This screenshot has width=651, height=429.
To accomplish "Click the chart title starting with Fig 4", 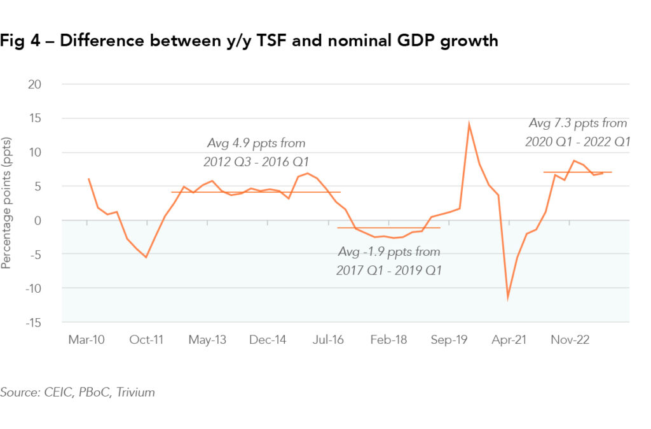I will tap(249, 42).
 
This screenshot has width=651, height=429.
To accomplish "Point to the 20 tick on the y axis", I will tap(38, 84).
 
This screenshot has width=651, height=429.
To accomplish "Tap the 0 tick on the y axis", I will tap(42, 220).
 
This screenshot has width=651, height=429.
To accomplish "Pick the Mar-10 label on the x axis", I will tap(86, 340).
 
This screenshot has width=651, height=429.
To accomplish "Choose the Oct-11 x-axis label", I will tap(147, 340).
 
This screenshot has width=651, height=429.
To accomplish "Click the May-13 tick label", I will tap(207, 340).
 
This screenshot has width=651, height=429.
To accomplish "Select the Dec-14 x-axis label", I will tap(268, 340).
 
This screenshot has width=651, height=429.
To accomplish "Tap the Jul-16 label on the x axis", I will tap(328, 340).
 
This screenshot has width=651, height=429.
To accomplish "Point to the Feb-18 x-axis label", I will tap(388, 340).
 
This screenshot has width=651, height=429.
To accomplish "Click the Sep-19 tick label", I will tap(449, 340).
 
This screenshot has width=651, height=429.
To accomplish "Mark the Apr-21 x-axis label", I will tap(509, 340).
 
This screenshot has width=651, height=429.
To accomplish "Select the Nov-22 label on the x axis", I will tap(570, 340).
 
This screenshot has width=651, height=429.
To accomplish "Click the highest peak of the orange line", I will tap(469, 123).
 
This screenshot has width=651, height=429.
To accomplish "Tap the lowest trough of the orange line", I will tap(508, 297).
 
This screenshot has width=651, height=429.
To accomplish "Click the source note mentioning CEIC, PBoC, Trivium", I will tap(78, 392).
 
